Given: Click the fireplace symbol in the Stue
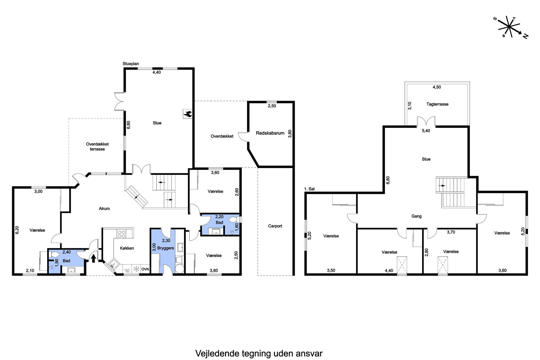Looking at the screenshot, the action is tap(188, 114).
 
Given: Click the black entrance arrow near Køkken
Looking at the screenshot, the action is tap(93, 258).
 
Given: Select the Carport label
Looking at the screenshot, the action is tap(275, 226).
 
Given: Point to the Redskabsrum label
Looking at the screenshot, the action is tap(270, 133).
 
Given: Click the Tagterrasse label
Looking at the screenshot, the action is tap(437, 104).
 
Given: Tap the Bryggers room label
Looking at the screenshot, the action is tap(165, 248).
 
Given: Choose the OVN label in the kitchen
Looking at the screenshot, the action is tap(145, 269).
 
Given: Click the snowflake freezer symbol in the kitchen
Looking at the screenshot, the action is tap(136, 269).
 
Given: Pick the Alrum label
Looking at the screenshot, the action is tap(104, 208).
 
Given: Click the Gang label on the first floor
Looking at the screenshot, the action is tap(416, 216).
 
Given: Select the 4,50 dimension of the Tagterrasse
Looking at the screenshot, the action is tap(437, 87).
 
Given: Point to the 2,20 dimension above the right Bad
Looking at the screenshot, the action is tap(219, 217).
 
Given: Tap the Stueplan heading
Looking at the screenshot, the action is tap(131, 64).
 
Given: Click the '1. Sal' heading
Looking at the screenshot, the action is tap(309, 189).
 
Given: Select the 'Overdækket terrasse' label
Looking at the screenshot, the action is tap(97, 147).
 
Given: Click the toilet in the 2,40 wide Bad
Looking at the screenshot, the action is tap(55, 255).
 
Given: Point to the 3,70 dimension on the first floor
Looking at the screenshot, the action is tap(451, 232).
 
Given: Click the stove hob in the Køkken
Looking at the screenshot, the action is tap(121, 234).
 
